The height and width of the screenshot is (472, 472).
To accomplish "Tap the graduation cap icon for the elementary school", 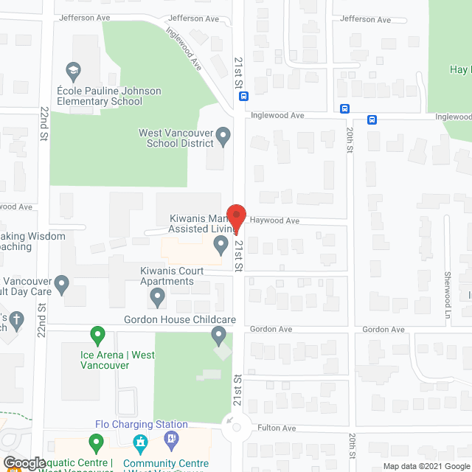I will [x=73, y=72].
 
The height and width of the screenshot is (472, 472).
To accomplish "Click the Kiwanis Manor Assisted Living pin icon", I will [x=219, y=243].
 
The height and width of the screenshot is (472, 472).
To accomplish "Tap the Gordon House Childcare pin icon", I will [x=218, y=336].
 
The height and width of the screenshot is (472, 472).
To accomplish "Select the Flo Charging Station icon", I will [x=172, y=440].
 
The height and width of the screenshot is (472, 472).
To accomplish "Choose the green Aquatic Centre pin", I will [x=95, y=443].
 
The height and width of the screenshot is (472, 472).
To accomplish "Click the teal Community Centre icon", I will [x=139, y=443].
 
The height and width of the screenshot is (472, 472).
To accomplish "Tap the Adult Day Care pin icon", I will [x=62, y=282].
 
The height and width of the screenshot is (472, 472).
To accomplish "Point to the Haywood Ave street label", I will [x=274, y=221].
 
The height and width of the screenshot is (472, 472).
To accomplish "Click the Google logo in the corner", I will [x=24, y=463].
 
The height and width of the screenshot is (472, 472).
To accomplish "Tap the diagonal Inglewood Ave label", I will [x=184, y=49].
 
